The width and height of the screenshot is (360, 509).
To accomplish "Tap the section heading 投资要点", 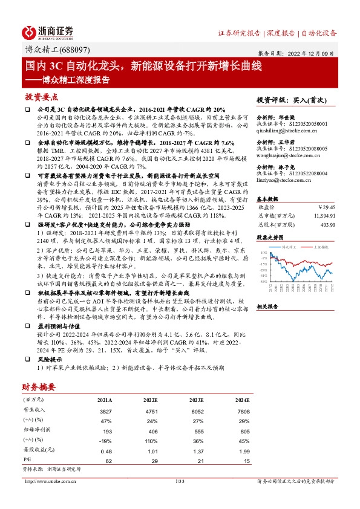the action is tap(41, 97).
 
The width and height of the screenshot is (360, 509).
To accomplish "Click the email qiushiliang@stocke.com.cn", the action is tap(284, 131).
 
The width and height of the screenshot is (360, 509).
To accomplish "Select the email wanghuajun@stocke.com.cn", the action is tap(284, 155).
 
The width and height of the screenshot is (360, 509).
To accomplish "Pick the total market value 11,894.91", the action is tap(321, 216).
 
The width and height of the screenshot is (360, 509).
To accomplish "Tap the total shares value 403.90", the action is tap(326, 224).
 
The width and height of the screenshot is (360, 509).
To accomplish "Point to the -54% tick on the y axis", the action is tap(264, 282).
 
